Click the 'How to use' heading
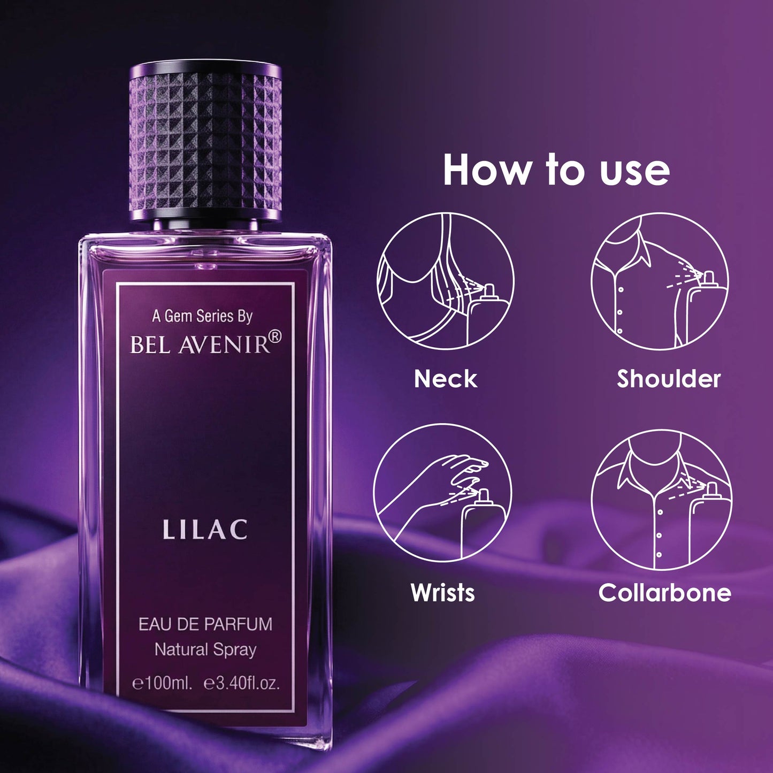pyautogui.click(x=556, y=170)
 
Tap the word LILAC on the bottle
pyautogui.click(x=205, y=530)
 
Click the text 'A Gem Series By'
pyautogui.click(x=202, y=316)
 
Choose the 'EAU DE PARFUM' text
pyautogui.click(x=205, y=624)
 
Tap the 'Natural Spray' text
pyautogui.click(x=205, y=649)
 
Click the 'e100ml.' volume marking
pyautogui.click(x=162, y=683)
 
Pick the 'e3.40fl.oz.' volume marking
pyautogui.click(x=242, y=683)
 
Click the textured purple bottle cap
pyautogui.click(x=205, y=140)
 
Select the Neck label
pyautogui.click(x=445, y=379)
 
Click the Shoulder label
pyautogui.click(x=668, y=379)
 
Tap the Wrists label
pyautogui.click(x=442, y=593)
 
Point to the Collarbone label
pyautogui.click(x=664, y=593)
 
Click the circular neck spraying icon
pyautogui.click(x=445, y=281)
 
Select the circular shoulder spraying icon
pyautogui.click(x=660, y=281)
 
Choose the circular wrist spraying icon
pyautogui.click(x=442, y=493)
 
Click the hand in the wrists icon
pyautogui.click(x=460, y=471)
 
